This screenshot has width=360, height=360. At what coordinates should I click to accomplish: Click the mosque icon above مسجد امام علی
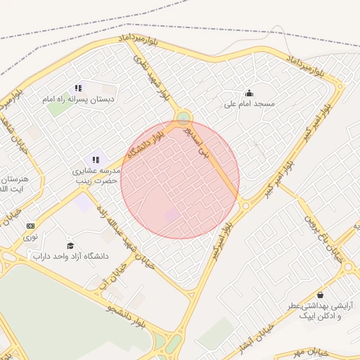(x=249, y=93)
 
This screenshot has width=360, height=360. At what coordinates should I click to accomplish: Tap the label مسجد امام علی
(x=249, y=104)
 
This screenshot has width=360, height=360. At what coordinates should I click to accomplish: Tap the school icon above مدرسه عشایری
(x=96, y=160)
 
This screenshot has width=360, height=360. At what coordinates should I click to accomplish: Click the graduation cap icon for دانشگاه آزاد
(x=70, y=245)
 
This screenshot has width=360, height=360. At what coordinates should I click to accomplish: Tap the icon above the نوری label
(x=30, y=226)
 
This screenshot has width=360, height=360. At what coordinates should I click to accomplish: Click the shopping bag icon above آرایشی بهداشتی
(x=321, y=295)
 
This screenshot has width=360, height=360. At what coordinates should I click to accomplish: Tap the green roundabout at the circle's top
(x=183, y=117)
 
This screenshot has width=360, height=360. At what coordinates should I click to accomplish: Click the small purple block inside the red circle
(x=172, y=214)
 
